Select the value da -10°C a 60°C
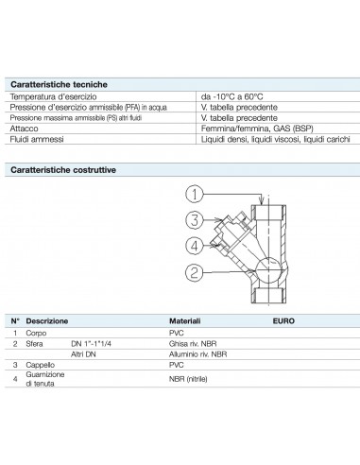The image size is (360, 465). [x=231, y=96]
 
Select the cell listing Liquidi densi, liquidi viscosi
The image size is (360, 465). [x=274, y=138]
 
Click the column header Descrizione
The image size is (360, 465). [x=47, y=321]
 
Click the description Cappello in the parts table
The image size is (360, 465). [x=40, y=364]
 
